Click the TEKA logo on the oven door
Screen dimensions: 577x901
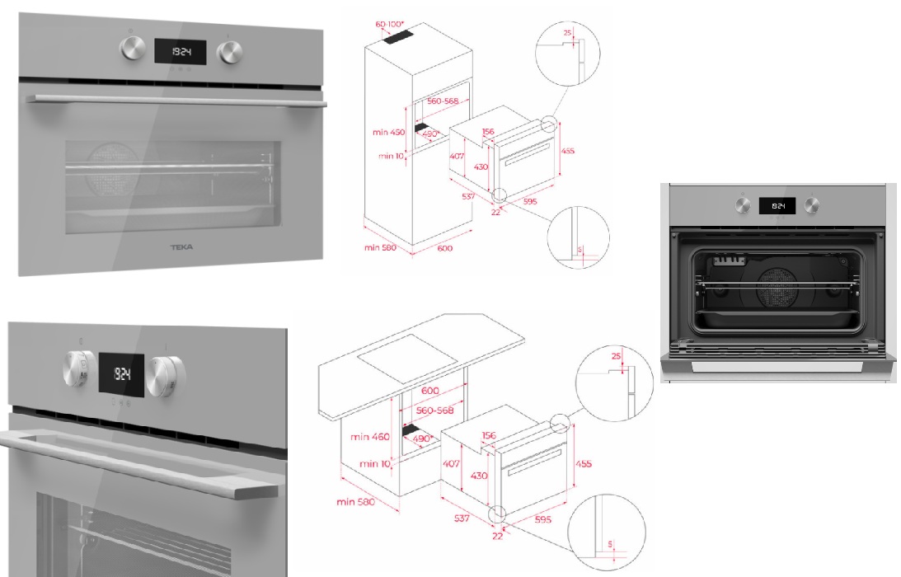tap(181, 246)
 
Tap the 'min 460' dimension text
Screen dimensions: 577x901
tap(370, 436)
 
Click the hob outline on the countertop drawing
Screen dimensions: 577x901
tap(409, 355)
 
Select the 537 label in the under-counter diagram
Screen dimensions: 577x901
tap(462, 518)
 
